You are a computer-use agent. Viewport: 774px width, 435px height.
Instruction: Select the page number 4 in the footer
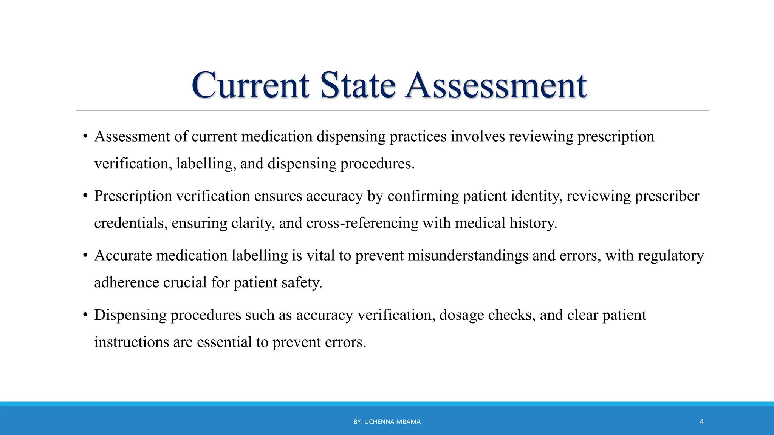(x=702, y=421)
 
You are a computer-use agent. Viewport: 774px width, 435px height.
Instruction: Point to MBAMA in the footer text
(x=409, y=421)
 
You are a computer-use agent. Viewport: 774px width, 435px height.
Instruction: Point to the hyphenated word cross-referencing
(x=362, y=223)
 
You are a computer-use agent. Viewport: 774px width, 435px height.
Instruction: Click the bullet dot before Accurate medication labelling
(x=85, y=256)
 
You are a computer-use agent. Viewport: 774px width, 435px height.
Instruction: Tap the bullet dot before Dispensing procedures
(x=85, y=315)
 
